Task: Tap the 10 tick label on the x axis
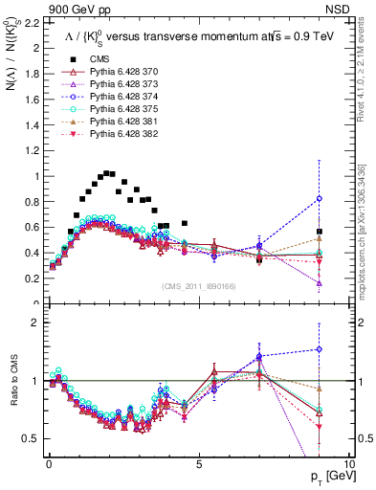348,463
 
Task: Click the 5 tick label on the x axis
198,463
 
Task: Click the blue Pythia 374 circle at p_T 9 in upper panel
319,198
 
